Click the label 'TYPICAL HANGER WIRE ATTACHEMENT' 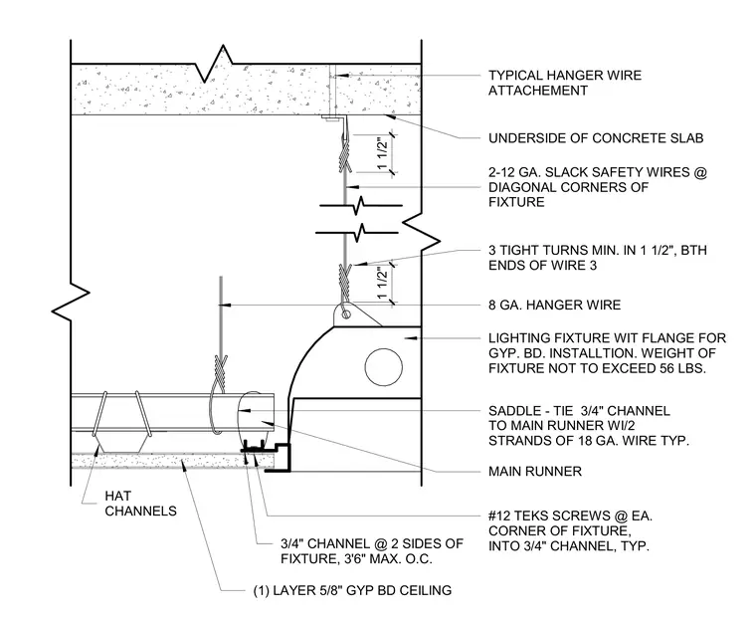(x=565, y=83)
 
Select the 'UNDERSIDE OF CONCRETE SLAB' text (x=596, y=138)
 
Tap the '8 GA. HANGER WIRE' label (x=554, y=305)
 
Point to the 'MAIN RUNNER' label (x=535, y=471)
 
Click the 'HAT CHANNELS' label (x=141, y=504)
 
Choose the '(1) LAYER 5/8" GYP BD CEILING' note (x=352, y=590)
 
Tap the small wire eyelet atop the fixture (x=346, y=314)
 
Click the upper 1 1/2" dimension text (x=382, y=154)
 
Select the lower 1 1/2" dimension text (x=382, y=284)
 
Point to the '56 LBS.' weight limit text (x=677, y=368)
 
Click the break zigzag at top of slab (x=213, y=63)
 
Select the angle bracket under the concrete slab (x=335, y=118)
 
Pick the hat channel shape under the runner (x=120, y=443)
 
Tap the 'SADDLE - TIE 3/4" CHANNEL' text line (x=579, y=411)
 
